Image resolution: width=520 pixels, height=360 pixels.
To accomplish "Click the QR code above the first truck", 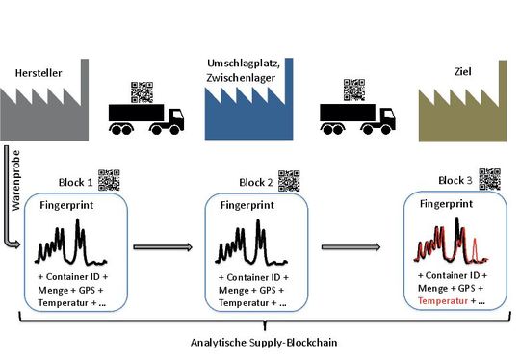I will pyautogui.click(x=142, y=90).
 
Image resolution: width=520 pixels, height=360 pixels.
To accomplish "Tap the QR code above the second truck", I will pyautogui.click(x=354, y=90).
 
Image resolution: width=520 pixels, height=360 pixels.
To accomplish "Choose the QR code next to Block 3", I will pyautogui.click(x=490, y=179).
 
